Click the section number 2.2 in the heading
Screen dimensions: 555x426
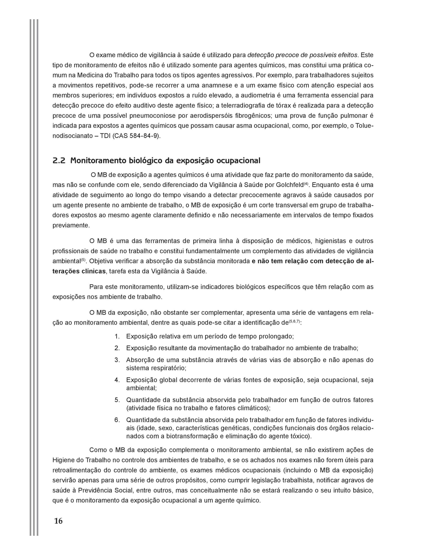tap(59, 161)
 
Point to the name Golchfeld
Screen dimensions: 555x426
tap(290, 185)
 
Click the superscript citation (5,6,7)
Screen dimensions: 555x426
tap(294, 322)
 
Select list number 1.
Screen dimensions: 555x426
tap(117, 336)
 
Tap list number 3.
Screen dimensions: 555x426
tap(117, 360)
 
